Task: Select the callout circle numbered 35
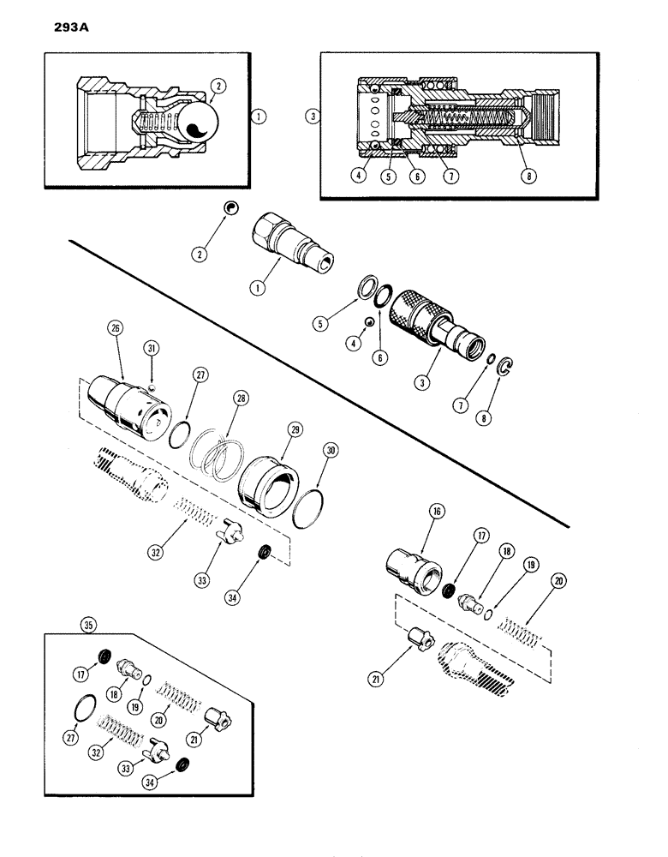(86, 625)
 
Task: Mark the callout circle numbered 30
(330, 451)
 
